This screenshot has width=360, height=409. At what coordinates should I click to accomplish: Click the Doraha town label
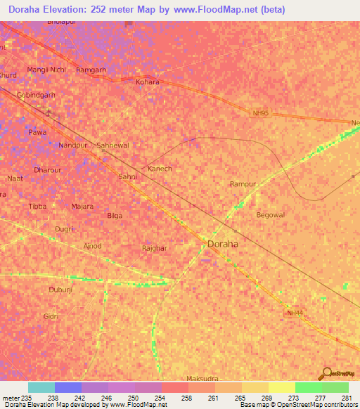point(223,243)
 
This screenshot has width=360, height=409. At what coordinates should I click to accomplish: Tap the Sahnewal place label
point(113,145)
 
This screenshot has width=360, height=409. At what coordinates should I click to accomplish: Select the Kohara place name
point(148,82)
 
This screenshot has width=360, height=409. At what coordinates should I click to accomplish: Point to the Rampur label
point(243,184)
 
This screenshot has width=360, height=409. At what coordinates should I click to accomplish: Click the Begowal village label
point(271,215)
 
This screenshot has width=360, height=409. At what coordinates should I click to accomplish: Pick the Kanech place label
point(160,169)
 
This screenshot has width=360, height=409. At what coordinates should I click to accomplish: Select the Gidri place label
point(51,317)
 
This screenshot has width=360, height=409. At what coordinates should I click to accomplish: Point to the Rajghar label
point(155,248)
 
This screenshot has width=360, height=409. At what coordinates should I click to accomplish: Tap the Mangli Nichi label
point(46,70)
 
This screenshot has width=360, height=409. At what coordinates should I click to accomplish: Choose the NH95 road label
point(261,112)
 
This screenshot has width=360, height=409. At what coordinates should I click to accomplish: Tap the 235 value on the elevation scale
point(27,398)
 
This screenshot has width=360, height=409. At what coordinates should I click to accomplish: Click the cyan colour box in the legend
point(41,387)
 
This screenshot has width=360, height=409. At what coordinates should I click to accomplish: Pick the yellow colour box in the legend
point(281,387)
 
